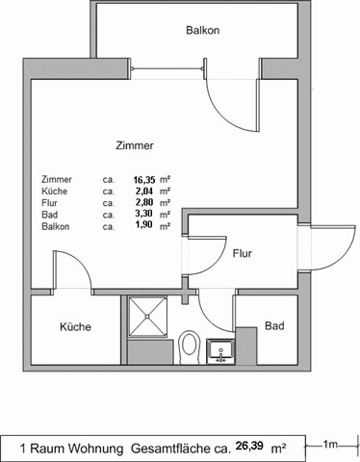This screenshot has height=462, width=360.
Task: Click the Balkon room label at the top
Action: pos(203,30)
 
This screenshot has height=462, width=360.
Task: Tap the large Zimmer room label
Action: pos(135,145)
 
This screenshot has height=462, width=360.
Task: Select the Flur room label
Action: pos(243,253)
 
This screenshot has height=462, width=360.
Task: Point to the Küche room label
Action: pos(75,326)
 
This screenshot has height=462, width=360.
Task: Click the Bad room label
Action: pos(274,326)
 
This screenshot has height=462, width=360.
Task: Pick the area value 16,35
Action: pos(146,179)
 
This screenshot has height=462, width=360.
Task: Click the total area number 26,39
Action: pos(249,446)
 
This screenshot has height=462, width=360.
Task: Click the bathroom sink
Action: pos(220,351)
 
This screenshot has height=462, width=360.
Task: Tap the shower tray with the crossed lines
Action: pos(147,317)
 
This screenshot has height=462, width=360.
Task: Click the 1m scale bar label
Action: pos(330,445)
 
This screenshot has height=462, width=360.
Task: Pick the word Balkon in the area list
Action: pos(56,226)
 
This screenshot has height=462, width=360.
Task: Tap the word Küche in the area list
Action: pos(55,192)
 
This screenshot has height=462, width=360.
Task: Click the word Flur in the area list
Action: pos(49,203)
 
